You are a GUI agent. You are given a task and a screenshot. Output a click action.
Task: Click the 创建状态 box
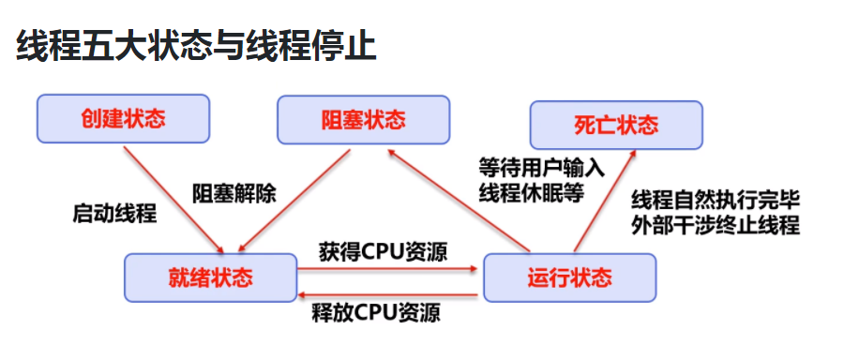point(123,120)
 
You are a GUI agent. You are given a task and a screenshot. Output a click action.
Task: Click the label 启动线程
point(114,213)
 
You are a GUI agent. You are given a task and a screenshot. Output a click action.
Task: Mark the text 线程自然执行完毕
point(716,200)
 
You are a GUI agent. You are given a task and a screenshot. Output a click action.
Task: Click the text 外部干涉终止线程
point(716,226)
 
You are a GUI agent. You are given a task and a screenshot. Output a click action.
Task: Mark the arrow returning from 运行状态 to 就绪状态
point(389,295)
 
